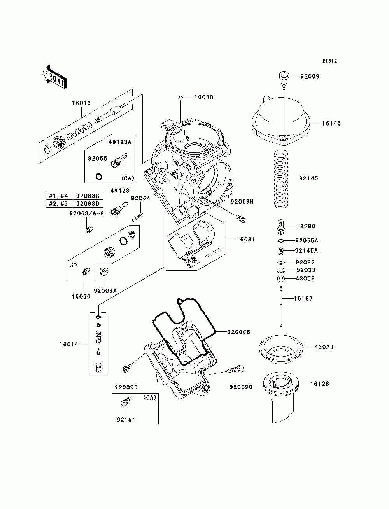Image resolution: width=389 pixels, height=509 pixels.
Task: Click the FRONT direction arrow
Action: (x=54, y=77)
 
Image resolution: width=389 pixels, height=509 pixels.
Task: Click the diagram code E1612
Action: (x=329, y=61)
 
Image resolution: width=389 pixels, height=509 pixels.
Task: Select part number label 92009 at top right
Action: (x=310, y=76)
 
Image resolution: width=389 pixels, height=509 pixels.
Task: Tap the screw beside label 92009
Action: (x=284, y=80)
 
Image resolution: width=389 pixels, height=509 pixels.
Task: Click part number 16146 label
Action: (x=331, y=123)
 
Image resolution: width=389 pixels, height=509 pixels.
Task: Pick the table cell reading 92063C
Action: (x=88, y=196)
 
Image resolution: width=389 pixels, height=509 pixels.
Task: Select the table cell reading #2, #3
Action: (x=58, y=204)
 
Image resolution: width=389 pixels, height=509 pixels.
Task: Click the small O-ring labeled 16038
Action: (x=181, y=97)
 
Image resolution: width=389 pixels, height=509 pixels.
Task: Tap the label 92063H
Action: (x=242, y=202)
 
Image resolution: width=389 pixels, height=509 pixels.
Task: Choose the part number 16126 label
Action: (x=320, y=384)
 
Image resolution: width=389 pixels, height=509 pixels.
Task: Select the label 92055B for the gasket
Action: (x=239, y=332)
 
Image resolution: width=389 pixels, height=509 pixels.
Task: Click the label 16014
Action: (x=69, y=344)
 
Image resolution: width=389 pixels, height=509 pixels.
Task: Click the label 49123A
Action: (x=120, y=142)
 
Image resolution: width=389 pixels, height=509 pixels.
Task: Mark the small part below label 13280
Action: (x=281, y=240)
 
